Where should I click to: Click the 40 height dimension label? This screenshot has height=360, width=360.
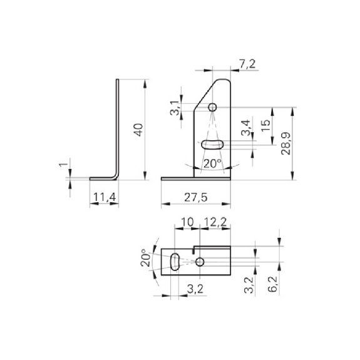139,130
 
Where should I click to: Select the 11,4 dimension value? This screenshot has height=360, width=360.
105,197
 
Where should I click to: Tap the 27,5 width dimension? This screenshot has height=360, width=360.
195,197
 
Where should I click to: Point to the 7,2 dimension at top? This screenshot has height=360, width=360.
247,64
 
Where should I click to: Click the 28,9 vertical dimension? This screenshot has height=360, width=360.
286,143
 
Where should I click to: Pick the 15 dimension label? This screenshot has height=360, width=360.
266,126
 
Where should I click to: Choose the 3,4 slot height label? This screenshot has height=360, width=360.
245,128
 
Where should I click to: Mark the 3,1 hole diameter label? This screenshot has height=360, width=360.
175,108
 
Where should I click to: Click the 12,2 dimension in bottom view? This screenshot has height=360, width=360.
215,222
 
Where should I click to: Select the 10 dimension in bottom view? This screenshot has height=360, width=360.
188,222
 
